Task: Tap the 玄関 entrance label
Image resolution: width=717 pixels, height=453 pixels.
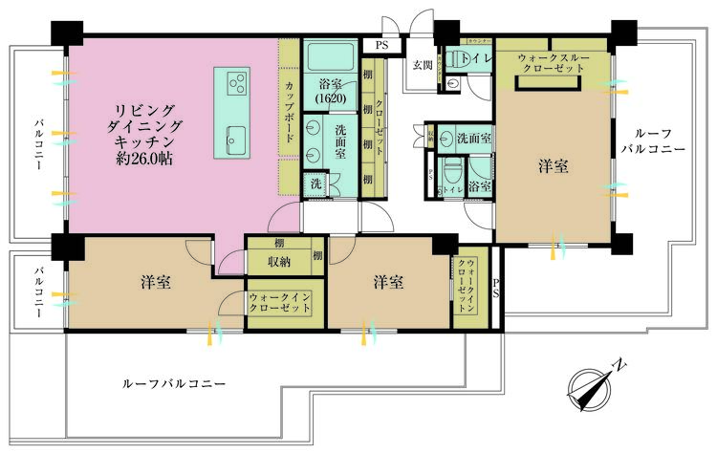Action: (x=423, y=65)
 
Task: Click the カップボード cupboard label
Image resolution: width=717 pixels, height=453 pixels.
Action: (x=290, y=114)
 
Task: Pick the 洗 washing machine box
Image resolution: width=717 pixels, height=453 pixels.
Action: (x=315, y=183)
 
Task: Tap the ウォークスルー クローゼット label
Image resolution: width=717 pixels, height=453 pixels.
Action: (x=551, y=64)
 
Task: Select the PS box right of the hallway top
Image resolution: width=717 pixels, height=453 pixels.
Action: (x=381, y=44)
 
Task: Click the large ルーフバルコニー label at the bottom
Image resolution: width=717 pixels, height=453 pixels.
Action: (x=174, y=383)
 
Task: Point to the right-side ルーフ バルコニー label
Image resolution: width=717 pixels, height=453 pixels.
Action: (x=653, y=142)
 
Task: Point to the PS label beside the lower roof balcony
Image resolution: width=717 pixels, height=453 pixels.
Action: (x=495, y=290)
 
